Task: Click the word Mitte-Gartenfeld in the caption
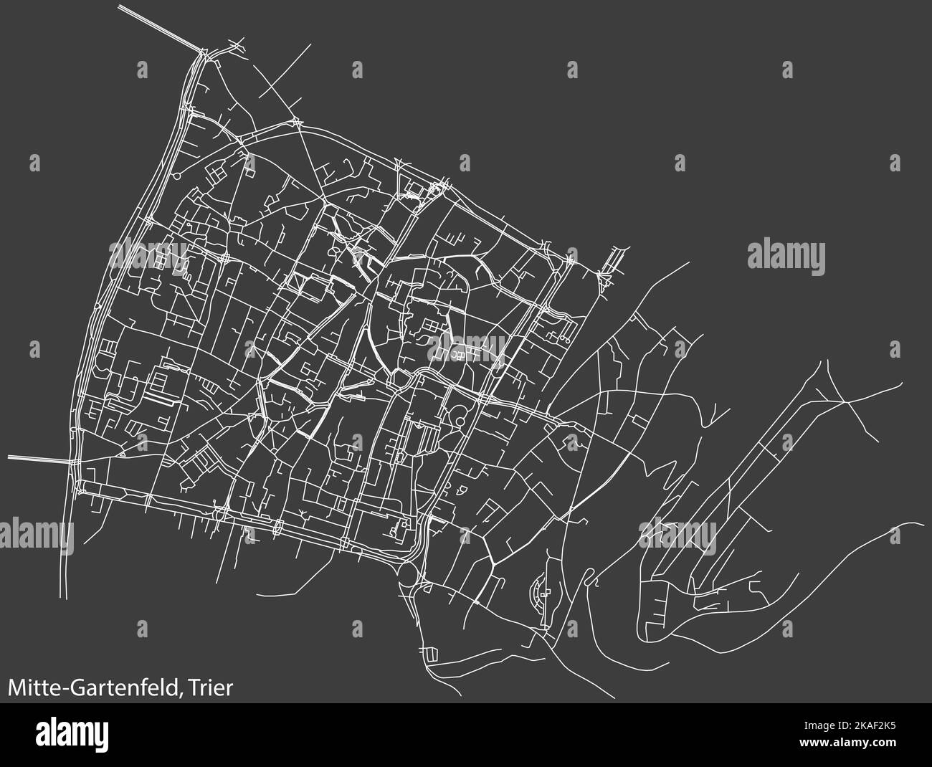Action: click(x=92, y=686)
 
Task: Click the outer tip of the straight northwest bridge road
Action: click(x=119, y=7)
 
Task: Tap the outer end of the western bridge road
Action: click(x=9, y=456)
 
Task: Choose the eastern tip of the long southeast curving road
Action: click(x=923, y=524)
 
